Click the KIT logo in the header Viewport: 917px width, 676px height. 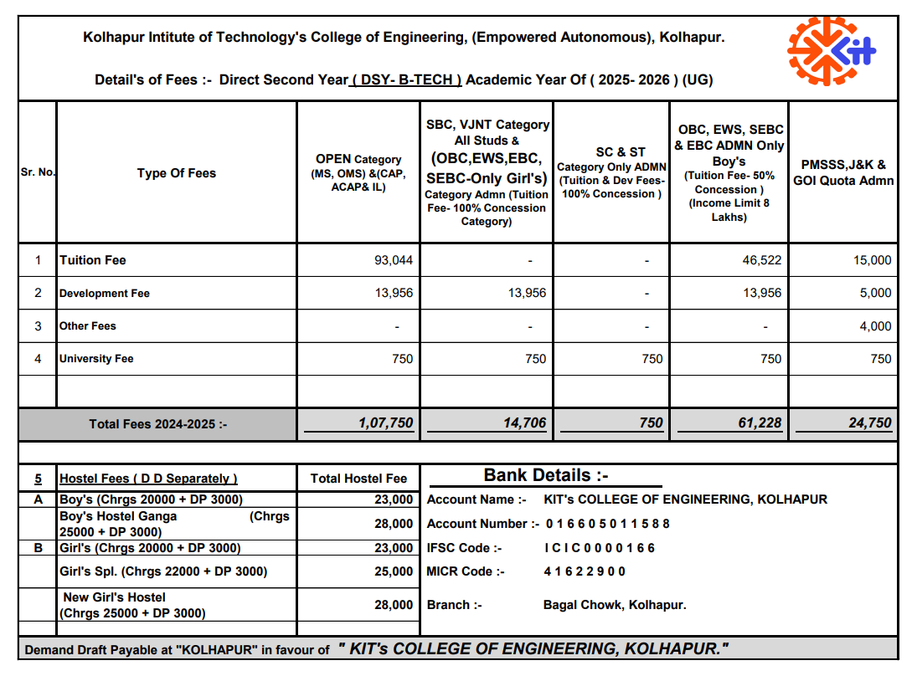pyautogui.click(x=831, y=51)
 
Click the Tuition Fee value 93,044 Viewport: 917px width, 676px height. pyautogui.click(x=394, y=260)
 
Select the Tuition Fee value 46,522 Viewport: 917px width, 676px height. pyautogui.click(x=761, y=260)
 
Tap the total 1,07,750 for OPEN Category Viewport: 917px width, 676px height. pyautogui.click(x=385, y=423)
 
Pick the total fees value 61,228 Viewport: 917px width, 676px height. pyautogui.click(x=760, y=423)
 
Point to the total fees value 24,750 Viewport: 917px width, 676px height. pyautogui.click(x=870, y=423)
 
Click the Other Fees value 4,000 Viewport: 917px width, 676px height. pyautogui.click(x=875, y=326)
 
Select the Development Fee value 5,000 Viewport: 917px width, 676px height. pyautogui.click(x=875, y=293)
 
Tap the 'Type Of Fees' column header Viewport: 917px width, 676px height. pyautogui.click(x=177, y=173)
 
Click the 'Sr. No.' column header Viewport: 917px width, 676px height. pyautogui.click(x=37, y=173)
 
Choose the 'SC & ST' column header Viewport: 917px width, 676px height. pyautogui.click(x=621, y=152)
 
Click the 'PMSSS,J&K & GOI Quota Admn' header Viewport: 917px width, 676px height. pyautogui.click(x=843, y=173)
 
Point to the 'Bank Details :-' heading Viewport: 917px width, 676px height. pyautogui.click(x=546, y=476)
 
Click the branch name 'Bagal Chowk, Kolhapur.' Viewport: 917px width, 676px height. pyautogui.click(x=615, y=605)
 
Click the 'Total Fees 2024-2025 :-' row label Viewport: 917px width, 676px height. pyautogui.click(x=158, y=424)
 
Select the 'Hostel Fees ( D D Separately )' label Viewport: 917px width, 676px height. pyautogui.click(x=148, y=479)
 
